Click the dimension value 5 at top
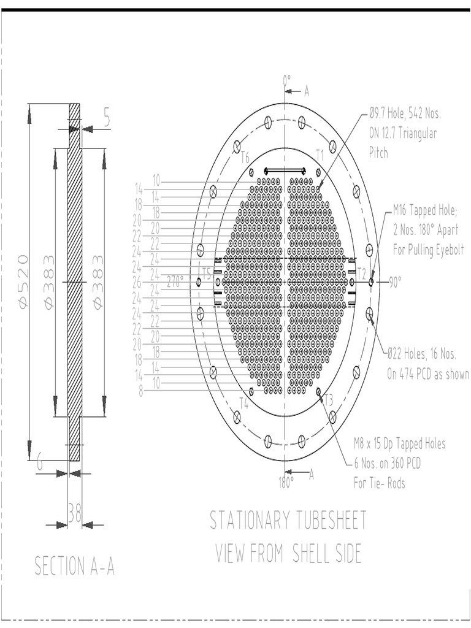point(107,118)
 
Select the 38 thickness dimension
point(75,514)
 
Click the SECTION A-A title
point(74,566)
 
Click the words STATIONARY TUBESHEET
point(288,521)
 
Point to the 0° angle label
point(286,80)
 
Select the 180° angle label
point(286,483)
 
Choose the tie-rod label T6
point(245,158)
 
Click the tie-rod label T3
point(329,400)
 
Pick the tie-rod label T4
point(243,403)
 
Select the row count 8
point(141,392)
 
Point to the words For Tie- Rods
point(379,483)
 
